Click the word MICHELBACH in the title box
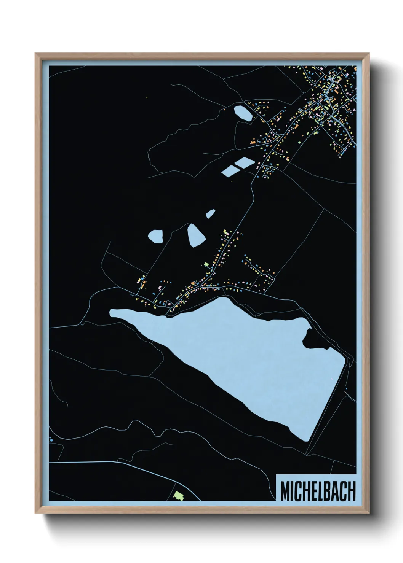318,491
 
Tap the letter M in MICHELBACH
285,491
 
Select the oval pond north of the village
243,113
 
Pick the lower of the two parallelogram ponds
231,171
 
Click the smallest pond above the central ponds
211,214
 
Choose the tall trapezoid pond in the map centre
196,235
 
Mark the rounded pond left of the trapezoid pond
155,236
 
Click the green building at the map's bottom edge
178,495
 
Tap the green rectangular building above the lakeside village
206,264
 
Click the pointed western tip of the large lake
112,312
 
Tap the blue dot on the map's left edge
51,440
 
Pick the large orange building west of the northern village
253,142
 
